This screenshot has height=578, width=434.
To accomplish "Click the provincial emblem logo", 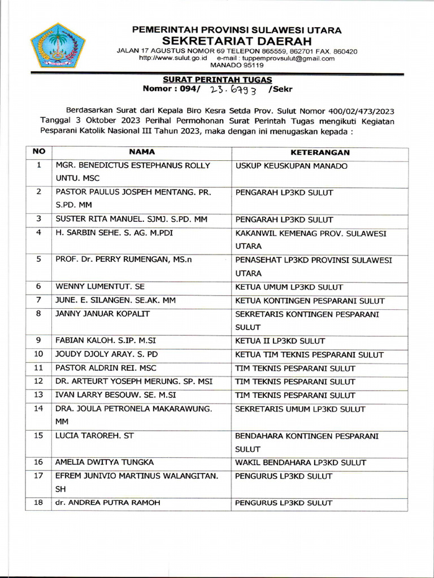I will pos(57,45).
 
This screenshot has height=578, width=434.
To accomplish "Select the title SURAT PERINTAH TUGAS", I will pos(218,80).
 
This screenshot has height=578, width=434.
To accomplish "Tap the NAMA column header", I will pos(142,152).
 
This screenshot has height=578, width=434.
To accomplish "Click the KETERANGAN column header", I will pos(320,152).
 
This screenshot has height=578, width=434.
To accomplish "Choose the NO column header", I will pos(38,152).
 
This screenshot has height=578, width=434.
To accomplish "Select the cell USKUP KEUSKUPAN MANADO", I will pos(291,167).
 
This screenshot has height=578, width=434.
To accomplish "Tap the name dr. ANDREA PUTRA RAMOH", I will pos(107,503).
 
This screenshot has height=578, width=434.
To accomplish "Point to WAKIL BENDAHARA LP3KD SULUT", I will pos(301,463).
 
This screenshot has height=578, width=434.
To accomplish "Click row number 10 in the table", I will pos(38,355).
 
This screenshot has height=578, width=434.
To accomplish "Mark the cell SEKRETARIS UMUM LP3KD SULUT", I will pos(300,409).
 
